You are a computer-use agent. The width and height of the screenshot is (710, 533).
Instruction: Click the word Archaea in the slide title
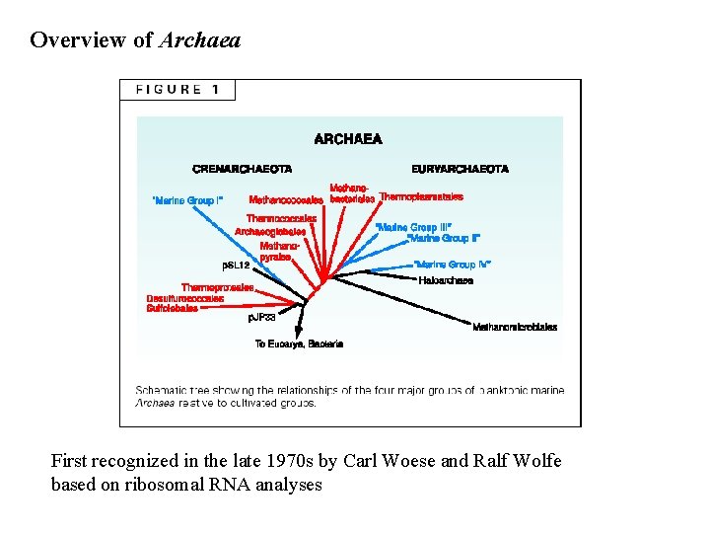199,40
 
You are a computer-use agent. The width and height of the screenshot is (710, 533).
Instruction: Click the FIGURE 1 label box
177,90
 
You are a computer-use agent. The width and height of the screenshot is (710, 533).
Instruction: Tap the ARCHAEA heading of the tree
348,139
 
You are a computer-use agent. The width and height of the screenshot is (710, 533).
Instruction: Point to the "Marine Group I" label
187,200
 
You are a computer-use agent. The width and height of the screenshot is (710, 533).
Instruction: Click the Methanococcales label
287,199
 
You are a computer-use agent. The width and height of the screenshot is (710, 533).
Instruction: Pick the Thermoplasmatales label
421,196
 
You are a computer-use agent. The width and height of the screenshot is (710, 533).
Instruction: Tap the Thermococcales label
281,218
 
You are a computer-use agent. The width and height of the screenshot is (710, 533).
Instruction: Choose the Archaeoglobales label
270,232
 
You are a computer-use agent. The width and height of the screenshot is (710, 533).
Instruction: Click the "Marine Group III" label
413,227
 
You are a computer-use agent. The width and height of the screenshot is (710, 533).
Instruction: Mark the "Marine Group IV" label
453,265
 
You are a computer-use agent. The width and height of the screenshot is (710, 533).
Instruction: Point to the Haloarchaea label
446,280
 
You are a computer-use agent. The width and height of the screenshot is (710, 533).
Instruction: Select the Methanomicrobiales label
515,327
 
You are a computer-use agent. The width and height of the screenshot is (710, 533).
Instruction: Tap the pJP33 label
261,317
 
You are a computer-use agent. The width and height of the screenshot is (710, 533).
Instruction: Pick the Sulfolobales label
173,308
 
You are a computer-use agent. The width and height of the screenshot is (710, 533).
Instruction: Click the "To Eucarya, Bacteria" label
299,343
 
